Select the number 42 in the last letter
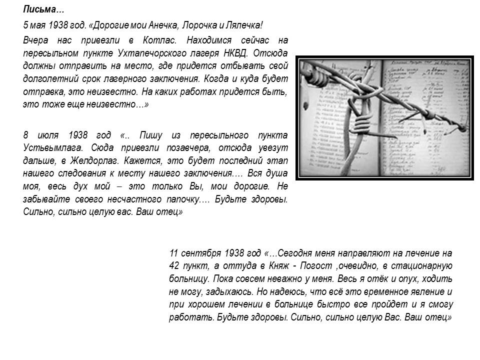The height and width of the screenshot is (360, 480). pyautogui.click(x=175, y=265)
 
